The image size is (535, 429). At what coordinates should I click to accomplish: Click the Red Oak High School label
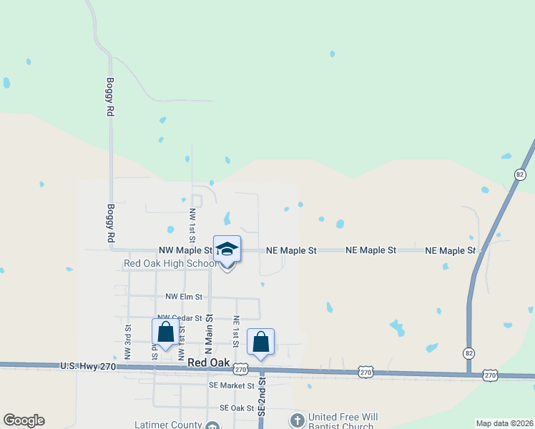coord(170,263)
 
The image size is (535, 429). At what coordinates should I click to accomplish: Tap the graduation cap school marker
coord(227,249)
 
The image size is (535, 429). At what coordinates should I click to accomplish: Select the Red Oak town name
coord(208,363)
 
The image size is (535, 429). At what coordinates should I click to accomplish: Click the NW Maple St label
coord(185,250)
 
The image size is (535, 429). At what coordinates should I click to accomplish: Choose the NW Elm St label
coord(184,296)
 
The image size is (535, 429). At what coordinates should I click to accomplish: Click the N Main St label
coord(210,333)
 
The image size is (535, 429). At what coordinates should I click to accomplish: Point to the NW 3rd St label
coord(127,342)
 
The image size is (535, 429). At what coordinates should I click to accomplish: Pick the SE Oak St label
coord(237,408)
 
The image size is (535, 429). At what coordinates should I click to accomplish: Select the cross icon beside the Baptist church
coord(297,419)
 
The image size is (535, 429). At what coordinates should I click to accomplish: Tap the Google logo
coord(24,420)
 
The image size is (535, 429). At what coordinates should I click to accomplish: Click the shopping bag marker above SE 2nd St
coord(261,342)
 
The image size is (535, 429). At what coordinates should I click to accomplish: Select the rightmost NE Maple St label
coord(451,250)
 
